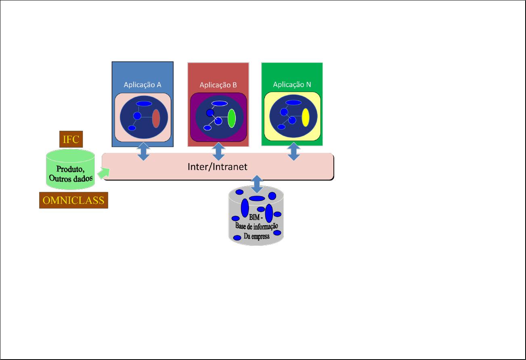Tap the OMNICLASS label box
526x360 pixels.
[x=73, y=200]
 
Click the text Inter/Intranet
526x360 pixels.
[x=218, y=166]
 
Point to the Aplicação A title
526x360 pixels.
[x=142, y=85]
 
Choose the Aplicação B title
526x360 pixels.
[x=218, y=85]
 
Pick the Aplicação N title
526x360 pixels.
[x=292, y=84]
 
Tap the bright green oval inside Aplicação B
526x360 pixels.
[x=232, y=118]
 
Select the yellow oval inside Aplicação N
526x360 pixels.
[x=306, y=117]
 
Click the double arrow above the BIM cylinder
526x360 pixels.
[x=257, y=184]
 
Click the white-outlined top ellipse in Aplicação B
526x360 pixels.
[x=220, y=103]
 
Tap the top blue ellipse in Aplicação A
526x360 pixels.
[x=144, y=103]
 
